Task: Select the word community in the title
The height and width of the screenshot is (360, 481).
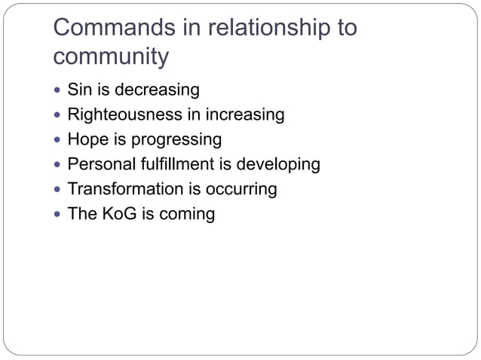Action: (112, 57)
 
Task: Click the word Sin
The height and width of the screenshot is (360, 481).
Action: (79, 90)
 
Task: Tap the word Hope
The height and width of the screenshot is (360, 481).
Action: (87, 140)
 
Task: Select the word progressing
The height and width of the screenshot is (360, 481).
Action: (176, 140)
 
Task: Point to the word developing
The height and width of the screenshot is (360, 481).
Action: (279, 164)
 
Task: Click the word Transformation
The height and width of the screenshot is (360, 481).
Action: (124, 189)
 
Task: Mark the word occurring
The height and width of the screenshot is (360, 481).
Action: (240, 189)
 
